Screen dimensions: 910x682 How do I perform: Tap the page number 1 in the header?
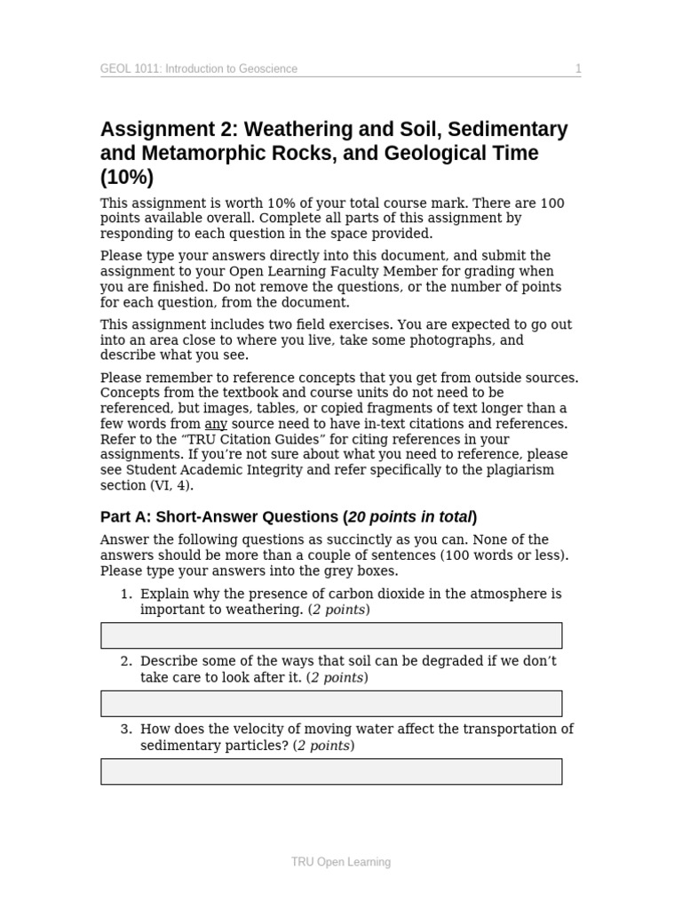coord(578,68)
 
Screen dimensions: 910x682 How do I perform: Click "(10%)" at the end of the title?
coord(127,177)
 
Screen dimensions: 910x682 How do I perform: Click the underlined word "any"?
coord(216,424)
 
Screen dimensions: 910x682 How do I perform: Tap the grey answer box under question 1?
coord(331,635)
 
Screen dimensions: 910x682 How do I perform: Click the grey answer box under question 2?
coord(331,703)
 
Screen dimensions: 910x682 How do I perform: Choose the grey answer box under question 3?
coord(331,771)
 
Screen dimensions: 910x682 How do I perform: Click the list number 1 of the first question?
coord(126,594)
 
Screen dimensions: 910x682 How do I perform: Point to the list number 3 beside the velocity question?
coord(126,730)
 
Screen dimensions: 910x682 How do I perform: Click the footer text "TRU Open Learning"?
coord(341,862)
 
